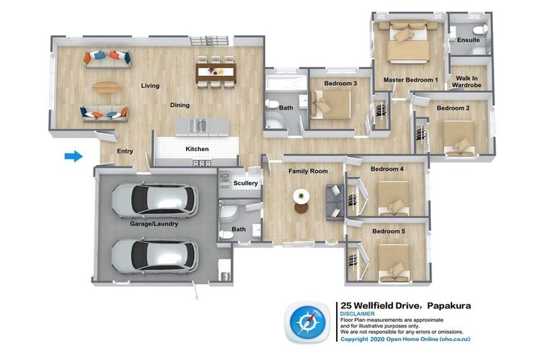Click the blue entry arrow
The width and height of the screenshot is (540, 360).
coord(74,156)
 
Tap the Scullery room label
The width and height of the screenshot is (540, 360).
coord(245,183)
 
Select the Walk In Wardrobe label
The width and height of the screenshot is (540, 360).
coord(467,82)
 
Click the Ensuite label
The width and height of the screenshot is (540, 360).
coord(468,40)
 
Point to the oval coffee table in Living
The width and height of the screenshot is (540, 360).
coord(107,86)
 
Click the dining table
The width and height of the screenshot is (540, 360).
coord(216,72)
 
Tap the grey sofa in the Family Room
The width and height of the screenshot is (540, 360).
coord(335,202)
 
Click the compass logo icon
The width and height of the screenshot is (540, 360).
coord(307,323)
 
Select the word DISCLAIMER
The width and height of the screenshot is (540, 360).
coord(357,314)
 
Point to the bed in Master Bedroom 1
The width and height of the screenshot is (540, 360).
coord(409,42)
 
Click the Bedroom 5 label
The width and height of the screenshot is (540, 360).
coord(388,231)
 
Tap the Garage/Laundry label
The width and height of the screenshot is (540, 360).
coord(154,224)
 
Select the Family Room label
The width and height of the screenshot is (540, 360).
coord(308,171)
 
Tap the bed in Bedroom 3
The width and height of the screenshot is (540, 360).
coord(330,105)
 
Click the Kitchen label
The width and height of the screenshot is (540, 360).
coord(197,149)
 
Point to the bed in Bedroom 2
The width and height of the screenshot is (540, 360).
coord(458,138)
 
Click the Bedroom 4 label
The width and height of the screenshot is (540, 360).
coord(387,169)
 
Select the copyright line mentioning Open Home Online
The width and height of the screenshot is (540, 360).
coord(405,339)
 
